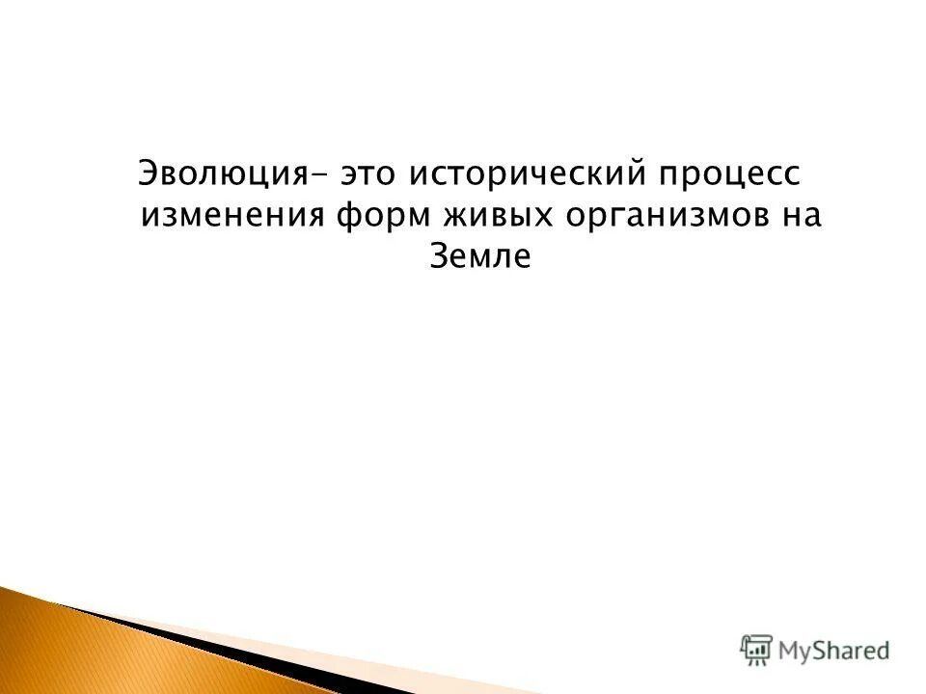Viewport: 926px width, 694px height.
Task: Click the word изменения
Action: [231, 215]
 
